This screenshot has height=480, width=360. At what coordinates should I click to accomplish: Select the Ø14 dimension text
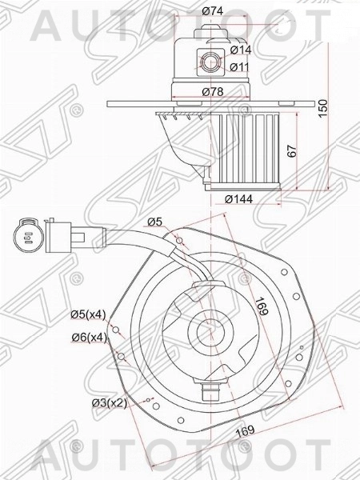[x=241, y=50]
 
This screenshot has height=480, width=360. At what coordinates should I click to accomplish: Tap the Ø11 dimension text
[x=241, y=66]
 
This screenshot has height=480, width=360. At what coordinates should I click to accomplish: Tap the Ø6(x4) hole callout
[x=88, y=338]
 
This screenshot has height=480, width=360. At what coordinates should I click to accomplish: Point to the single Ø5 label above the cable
[x=154, y=222]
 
